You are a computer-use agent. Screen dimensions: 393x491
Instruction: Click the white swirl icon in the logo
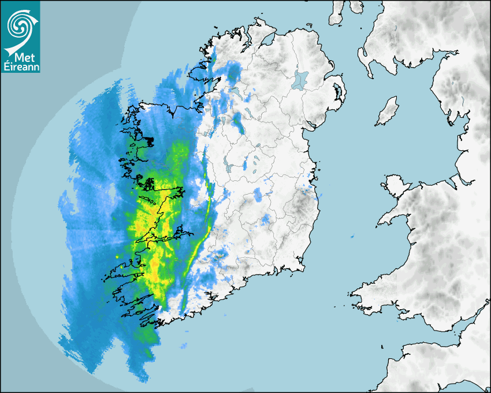pos(19,24)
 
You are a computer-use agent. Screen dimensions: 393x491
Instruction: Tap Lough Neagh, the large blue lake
pos(300,79)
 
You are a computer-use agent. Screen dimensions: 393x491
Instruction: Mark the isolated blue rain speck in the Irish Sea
pos(352,236)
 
